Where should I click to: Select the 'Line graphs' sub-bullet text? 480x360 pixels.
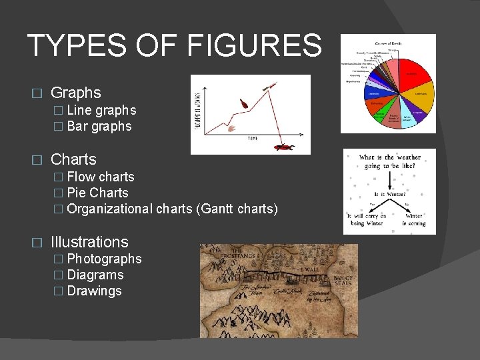pos(101,110)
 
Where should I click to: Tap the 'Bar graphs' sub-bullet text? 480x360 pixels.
pos(99,126)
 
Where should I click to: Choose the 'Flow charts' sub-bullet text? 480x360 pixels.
pos(101,177)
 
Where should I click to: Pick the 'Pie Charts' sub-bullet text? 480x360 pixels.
pos(97,193)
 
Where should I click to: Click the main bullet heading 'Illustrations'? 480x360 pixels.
pos(89,242)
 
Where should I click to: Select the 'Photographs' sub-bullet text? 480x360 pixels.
pos(104,259)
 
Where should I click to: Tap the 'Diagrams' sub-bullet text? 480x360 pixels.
pos(95,275)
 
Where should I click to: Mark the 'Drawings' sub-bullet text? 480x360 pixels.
pos(95,291)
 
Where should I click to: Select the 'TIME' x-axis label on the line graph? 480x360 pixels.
pos(253,139)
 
